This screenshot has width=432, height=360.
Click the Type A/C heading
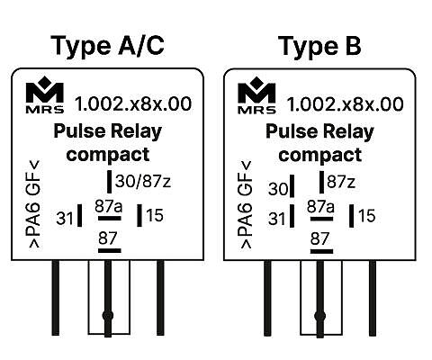[107, 46]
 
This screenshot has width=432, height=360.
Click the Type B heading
[319, 46]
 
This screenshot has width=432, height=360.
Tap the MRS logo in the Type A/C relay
[45, 94]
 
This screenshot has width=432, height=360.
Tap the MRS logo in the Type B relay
[256, 95]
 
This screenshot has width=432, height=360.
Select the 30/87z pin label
[143, 181]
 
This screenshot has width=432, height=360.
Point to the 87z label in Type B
[341, 182]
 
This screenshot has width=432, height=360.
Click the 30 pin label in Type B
[278, 189]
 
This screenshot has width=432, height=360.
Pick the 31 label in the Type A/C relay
[65, 218]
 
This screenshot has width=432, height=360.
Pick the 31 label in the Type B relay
[276, 219]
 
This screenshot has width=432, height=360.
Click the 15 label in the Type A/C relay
[155, 215]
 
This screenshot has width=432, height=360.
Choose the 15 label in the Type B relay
[367, 216]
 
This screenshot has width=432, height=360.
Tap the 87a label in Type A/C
[109, 206]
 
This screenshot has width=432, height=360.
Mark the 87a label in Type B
[320, 207]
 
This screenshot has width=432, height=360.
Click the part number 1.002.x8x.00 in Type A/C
[133, 103]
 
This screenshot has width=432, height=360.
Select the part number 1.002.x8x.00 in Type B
[345, 104]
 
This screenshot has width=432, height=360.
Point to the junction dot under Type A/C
[108, 315]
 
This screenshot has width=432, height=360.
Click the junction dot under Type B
[319, 316]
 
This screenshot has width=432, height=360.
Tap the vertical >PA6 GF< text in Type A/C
[34, 204]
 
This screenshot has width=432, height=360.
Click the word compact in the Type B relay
[320, 155]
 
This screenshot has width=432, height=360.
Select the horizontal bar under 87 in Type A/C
[110, 250]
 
